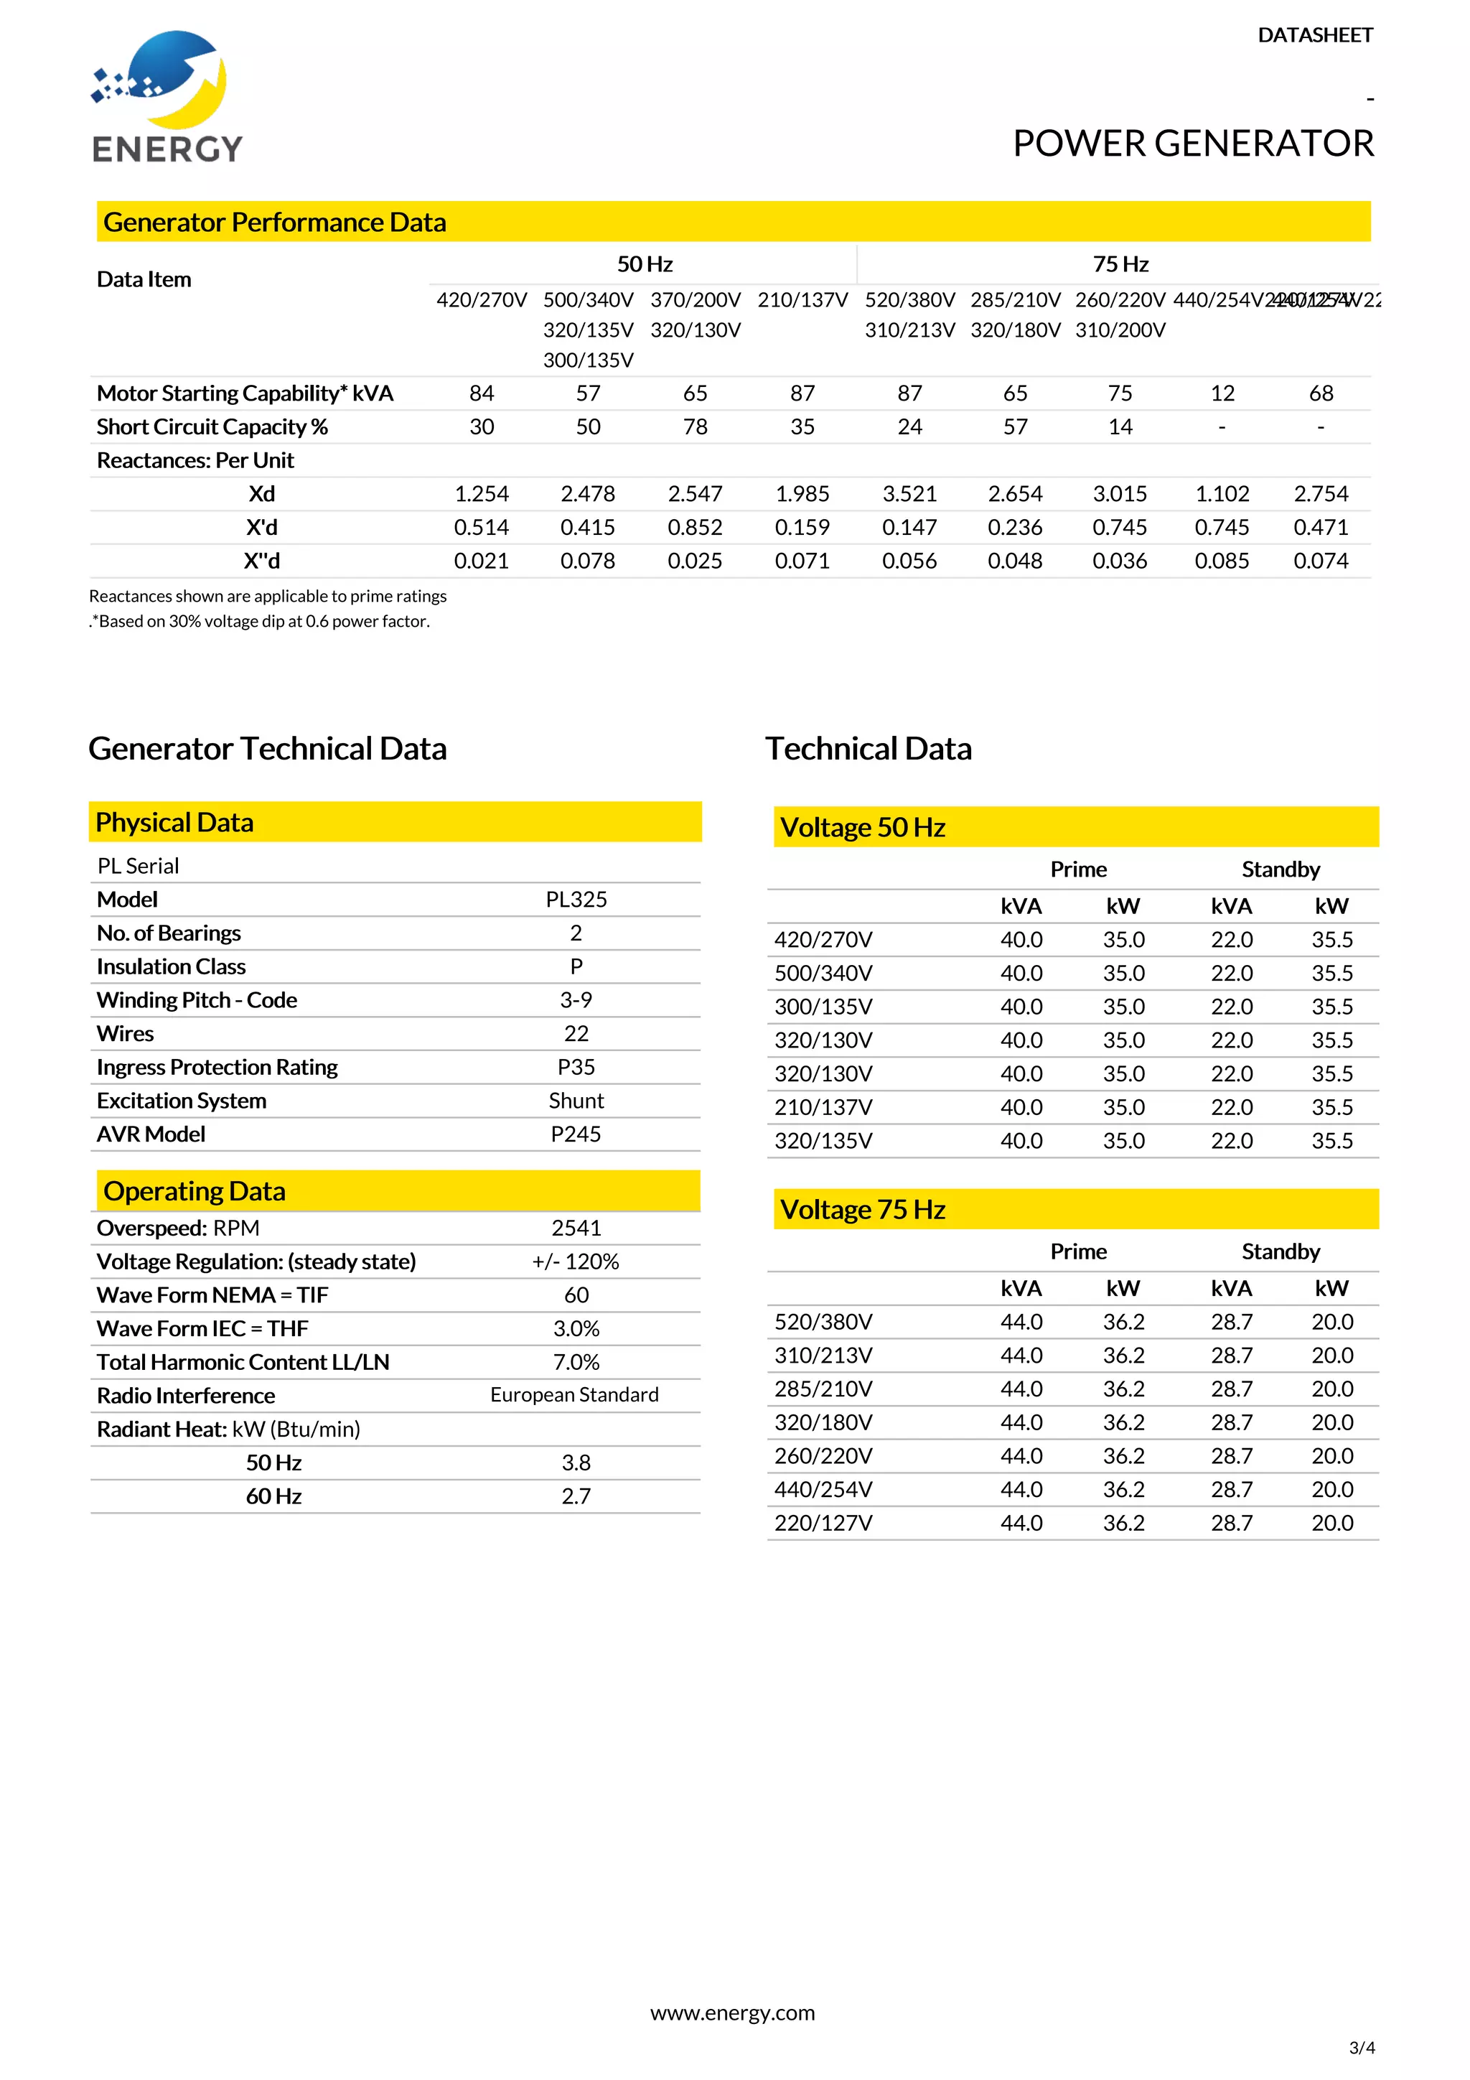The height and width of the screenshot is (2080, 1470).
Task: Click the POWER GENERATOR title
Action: tap(1192, 143)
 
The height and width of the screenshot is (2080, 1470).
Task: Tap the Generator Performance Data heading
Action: tap(274, 222)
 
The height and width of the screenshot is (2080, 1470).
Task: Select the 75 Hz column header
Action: tap(1120, 264)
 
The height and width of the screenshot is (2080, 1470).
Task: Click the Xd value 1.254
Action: tap(481, 494)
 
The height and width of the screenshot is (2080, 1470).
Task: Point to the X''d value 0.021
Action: tap(481, 561)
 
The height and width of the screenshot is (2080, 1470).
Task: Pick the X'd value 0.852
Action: tap(695, 527)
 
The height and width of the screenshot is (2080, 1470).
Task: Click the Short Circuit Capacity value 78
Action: tap(695, 426)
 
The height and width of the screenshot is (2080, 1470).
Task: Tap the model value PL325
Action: tap(576, 900)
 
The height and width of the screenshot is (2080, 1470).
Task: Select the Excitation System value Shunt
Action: tap(576, 1101)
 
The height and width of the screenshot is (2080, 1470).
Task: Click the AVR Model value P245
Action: tap(576, 1134)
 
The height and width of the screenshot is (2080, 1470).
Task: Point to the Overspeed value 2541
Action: tap(576, 1228)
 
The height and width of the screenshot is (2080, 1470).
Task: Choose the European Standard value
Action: tap(574, 1395)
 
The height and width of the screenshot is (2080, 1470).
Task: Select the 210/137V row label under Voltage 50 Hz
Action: tap(823, 1107)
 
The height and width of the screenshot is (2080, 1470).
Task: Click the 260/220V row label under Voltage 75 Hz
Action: tap(823, 1456)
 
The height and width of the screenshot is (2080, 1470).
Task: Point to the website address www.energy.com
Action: tap(733, 2013)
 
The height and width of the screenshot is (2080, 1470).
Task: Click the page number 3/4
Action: tap(1362, 2048)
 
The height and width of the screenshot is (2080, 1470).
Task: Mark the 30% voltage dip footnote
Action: tap(260, 622)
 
